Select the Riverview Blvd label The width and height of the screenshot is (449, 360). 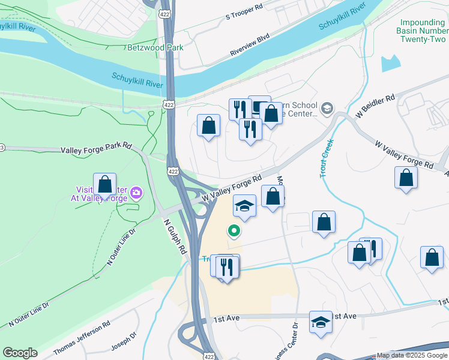(x=251, y=49)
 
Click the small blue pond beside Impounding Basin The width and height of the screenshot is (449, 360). (x=390, y=63)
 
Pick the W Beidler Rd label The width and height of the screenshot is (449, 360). (x=375, y=105)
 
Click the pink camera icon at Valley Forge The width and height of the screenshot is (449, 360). (x=136, y=193)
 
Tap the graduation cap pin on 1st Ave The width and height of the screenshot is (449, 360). (x=321, y=322)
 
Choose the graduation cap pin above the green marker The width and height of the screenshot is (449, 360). (x=244, y=206)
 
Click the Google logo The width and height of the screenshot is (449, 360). (x=20, y=353)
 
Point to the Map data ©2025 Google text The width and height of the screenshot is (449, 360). (x=412, y=356)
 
